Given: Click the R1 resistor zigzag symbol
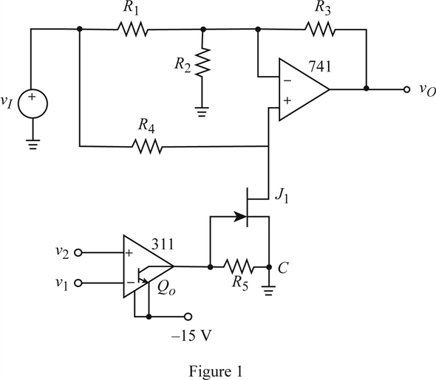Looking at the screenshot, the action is (133, 29).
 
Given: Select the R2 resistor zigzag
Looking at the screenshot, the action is (202, 62).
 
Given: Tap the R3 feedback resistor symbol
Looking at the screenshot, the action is (320, 29).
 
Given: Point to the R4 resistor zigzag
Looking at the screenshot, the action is (147, 146).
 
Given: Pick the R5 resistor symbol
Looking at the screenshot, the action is (239, 267).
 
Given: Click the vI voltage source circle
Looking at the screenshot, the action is (33, 104).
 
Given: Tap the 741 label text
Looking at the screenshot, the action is (320, 66).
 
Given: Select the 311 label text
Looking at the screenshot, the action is (163, 244).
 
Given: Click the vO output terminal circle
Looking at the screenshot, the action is (406, 89).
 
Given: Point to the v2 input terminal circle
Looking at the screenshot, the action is (78, 253).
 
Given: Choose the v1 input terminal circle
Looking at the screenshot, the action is (78, 283).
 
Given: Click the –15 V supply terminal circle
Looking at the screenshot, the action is (188, 316).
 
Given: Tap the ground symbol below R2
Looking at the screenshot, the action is (202, 111).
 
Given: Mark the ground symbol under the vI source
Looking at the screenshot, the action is (33, 145).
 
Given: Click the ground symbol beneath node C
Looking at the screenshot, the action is (268, 290).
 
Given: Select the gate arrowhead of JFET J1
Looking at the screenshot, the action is (240, 216).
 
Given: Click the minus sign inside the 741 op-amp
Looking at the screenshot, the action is (287, 80).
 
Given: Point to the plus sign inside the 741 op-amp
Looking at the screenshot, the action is (287, 100).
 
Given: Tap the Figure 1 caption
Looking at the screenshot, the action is (216, 371).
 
